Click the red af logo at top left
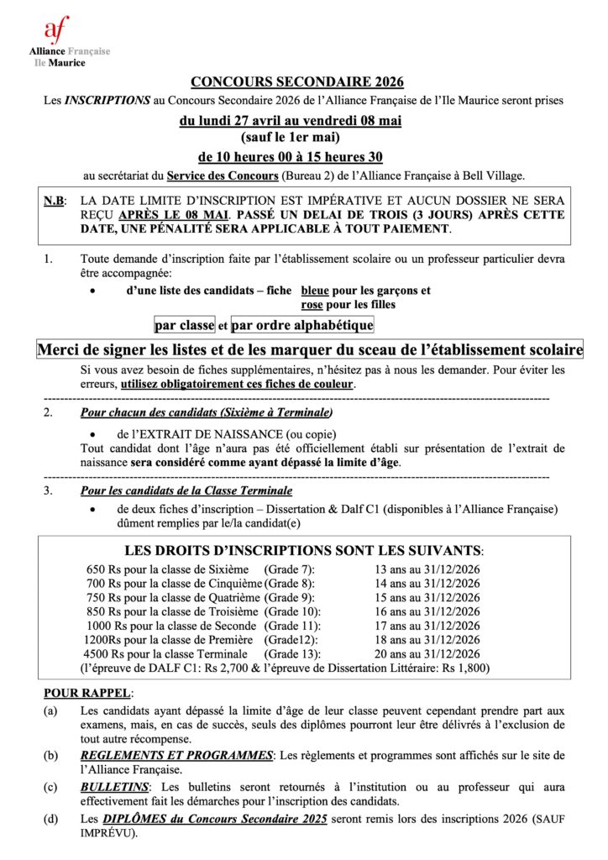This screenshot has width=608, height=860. (58, 29)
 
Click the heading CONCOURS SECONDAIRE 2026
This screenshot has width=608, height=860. (297, 81)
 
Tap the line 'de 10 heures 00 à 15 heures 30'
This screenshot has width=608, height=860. (290, 156)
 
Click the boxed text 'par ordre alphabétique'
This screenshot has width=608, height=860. (302, 325)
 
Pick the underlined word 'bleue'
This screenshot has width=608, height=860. (316, 291)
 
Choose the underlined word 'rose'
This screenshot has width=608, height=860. (312, 305)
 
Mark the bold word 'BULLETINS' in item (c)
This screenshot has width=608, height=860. (113, 786)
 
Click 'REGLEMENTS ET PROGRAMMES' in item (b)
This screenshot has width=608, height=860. (176, 755)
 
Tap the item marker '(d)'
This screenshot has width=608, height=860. (51, 819)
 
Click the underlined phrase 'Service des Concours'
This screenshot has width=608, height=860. (222, 176)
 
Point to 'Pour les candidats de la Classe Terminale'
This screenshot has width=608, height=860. (186, 490)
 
